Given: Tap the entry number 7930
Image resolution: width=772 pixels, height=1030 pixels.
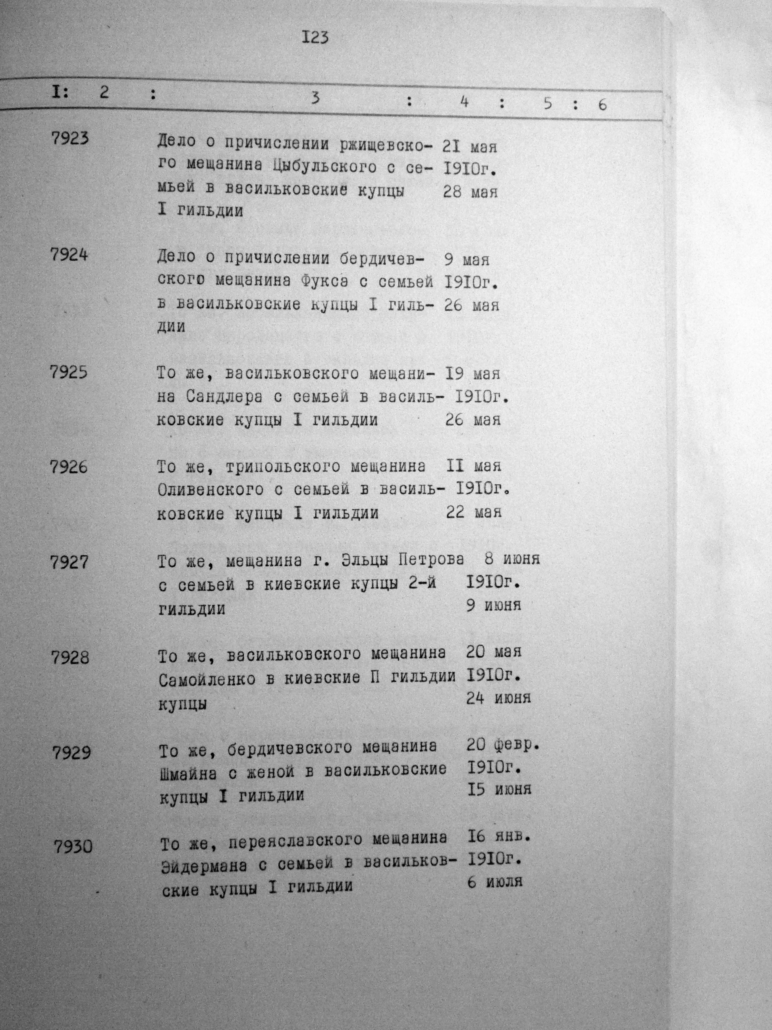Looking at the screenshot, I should coord(73,846).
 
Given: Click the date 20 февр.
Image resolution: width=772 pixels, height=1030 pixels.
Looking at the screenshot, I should coord(503,746).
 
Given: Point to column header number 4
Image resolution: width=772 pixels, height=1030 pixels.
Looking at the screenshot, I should coord(463,102).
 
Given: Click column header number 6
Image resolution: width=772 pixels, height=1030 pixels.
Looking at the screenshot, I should coord(602,105).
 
